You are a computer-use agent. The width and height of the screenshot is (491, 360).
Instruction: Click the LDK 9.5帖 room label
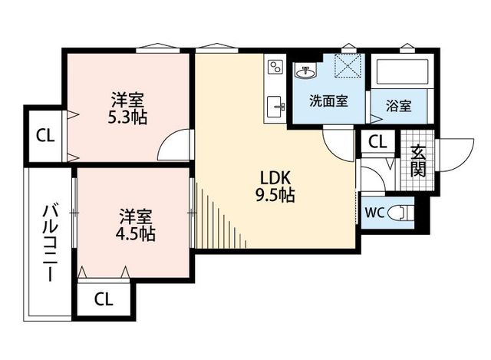click(275, 187)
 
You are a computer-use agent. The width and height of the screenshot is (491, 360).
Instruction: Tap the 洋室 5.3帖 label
click(127, 108)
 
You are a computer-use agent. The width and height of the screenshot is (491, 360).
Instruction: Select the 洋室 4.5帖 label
click(135, 225)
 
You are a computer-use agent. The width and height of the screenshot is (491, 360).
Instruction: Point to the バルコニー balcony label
click(50, 243)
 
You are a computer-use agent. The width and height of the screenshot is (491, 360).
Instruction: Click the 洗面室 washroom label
click(328, 101)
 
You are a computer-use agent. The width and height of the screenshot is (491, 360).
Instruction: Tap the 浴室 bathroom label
click(399, 106)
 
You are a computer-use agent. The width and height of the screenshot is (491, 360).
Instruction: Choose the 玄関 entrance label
click(418, 161)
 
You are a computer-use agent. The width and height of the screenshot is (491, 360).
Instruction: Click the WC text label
click(374, 213)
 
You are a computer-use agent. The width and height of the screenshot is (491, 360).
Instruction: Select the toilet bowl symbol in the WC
click(400, 213)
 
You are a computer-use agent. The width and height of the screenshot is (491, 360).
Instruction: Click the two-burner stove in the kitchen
click(275, 67)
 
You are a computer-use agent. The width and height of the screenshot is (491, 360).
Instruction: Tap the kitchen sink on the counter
click(275, 107)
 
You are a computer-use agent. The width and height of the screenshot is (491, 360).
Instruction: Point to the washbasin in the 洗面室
click(305, 71)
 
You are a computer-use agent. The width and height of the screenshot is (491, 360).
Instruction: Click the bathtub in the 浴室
click(402, 71)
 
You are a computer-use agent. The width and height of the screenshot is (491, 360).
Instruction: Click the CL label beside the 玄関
click(377, 142)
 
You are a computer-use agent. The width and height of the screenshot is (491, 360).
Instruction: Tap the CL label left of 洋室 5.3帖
click(45, 136)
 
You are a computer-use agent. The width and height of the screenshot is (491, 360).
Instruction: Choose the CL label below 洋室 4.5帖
click(104, 299)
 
